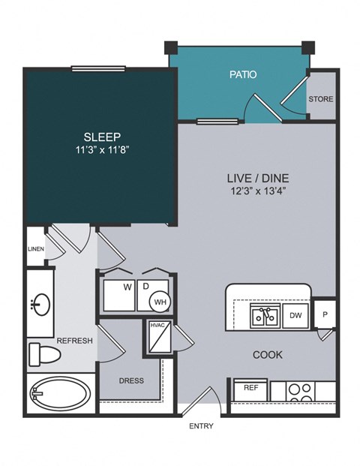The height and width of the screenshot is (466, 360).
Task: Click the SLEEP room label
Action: pos(100,137)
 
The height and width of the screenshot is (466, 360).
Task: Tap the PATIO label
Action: pos(242,75)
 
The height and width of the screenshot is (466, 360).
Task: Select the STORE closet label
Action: pos(321,99)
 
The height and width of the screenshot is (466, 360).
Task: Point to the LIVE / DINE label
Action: pos(258,178)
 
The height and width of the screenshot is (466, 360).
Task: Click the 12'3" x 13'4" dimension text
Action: pos(258,191)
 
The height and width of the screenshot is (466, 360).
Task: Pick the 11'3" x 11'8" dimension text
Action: pos(100,150)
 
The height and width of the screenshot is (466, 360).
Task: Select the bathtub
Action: pos(60,393)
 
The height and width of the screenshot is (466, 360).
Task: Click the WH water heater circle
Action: pos(160,302)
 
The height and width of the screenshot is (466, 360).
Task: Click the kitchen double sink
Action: pos(266,317)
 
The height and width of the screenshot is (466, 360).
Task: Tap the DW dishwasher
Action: pos(295,316)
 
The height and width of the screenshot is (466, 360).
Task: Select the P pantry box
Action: pos(324,314)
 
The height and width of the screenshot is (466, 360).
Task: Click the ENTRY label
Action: pos(201,426)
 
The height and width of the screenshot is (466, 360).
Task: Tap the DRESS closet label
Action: pos(131,380)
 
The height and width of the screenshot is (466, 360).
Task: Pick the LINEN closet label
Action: pos(35,249)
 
